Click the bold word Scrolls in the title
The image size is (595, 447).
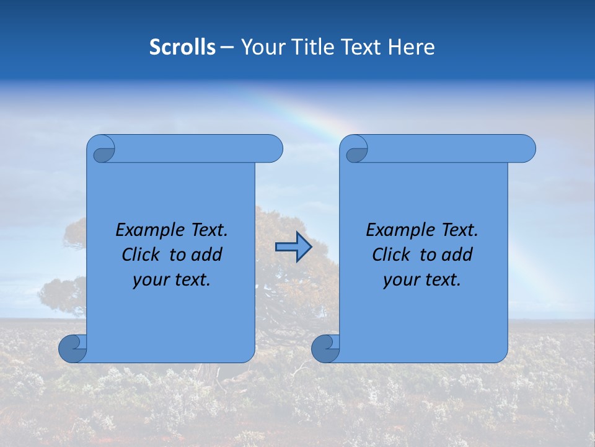coord(182,47)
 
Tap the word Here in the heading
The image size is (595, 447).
coord(411,47)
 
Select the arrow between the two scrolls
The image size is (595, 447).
coord(293,247)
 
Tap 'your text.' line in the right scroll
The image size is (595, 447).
coord(422,280)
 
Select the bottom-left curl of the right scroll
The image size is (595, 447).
coord(325,348)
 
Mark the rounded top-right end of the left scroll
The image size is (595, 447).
coord(273,148)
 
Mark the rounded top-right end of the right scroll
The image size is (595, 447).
coord(526,148)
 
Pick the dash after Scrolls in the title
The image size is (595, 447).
coord(227,47)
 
